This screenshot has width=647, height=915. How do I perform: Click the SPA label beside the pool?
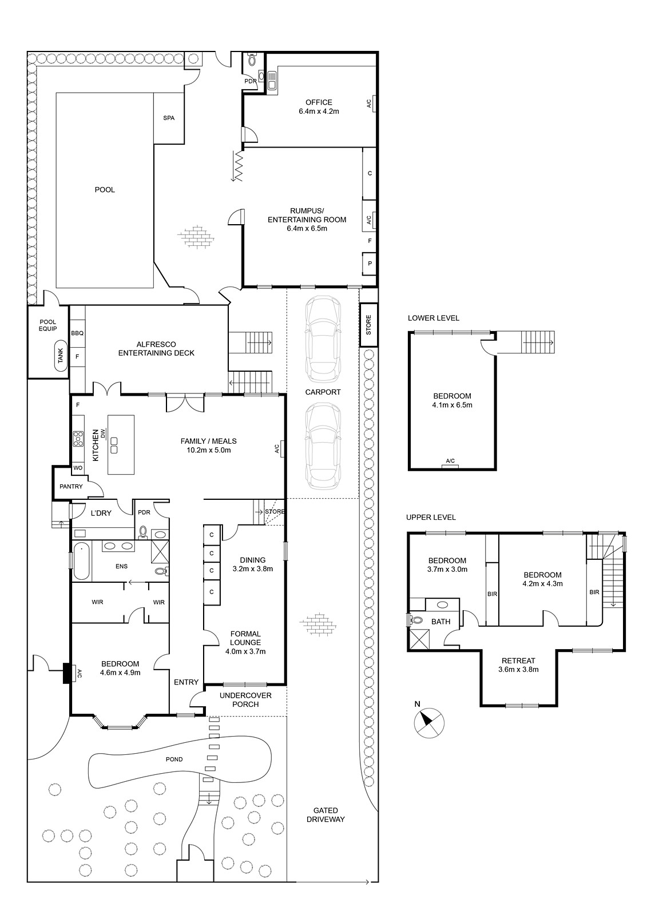(169, 118)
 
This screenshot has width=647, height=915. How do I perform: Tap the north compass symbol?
(428, 723)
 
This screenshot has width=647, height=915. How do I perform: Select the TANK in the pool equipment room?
(61, 355)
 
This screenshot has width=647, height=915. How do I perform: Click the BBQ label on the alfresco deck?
(77, 333)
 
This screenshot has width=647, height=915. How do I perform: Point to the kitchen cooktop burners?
(78, 439)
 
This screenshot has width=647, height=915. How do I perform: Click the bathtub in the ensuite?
(81, 560)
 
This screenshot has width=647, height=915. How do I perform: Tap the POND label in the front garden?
(174, 759)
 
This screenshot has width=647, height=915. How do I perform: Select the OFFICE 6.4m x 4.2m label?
(319, 106)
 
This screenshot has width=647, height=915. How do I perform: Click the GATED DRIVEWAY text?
(326, 814)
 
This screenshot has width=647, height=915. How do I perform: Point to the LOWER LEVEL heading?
(434, 318)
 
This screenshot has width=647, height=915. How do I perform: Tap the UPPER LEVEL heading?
(431, 518)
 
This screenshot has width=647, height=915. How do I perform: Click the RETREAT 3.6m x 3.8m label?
(518, 665)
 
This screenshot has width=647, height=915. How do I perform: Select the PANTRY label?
(71, 487)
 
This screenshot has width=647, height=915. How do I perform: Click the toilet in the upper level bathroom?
(416, 620)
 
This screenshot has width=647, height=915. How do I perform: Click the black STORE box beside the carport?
(368, 325)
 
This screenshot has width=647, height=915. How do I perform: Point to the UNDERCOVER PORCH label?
(245, 700)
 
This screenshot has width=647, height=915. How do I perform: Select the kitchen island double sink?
(114, 445)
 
